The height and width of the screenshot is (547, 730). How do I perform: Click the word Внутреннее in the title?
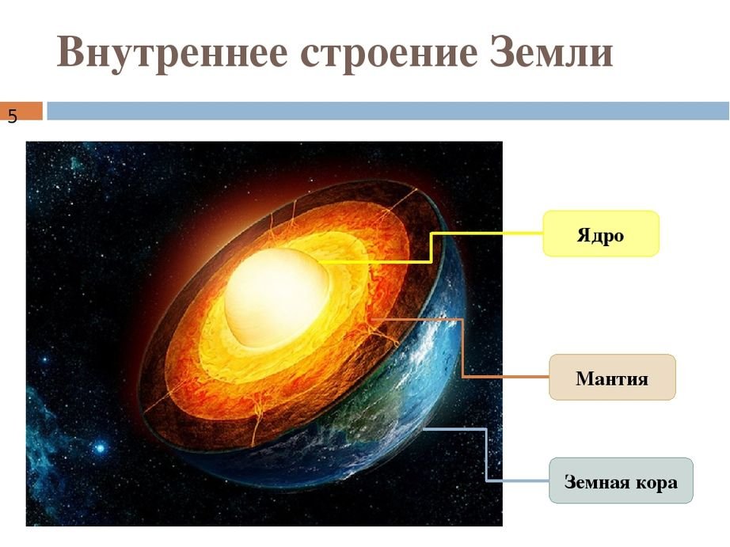(x=172, y=51)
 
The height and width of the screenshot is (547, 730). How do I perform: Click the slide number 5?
(x=12, y=116)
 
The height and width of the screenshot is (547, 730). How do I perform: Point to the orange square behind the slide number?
(x=21, y=112)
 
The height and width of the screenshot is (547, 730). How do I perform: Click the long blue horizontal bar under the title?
(x=388, y=112)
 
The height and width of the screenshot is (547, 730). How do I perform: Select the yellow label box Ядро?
(x=601, y=234)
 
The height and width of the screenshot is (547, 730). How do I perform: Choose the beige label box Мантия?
(x=612, y=377)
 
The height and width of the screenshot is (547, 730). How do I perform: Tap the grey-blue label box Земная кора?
(x=621, y=481)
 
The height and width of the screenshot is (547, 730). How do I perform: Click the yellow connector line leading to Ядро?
(x=431, y=248)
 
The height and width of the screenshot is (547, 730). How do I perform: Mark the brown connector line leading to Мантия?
(x=462, y=348)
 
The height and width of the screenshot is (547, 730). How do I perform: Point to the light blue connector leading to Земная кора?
(x=486, y=454)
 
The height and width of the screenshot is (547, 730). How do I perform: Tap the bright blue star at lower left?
(x=100, y=448)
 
